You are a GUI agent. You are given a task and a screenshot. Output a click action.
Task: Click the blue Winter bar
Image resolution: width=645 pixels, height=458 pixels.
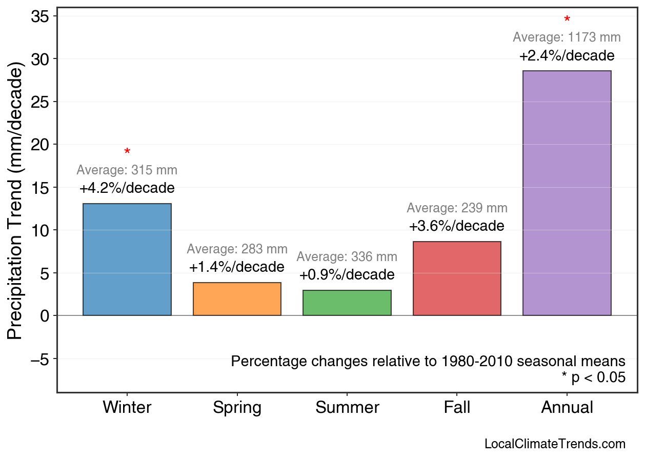click(127, 260)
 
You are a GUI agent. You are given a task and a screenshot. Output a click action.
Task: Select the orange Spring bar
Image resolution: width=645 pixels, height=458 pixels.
click(237, 299)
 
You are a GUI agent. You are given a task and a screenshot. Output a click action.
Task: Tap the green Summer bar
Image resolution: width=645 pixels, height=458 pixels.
click(347, 303)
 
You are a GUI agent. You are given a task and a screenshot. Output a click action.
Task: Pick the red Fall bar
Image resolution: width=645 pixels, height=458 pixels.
click(457, 278)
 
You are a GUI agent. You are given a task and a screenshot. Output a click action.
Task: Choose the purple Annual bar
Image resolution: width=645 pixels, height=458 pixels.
click(567, 193)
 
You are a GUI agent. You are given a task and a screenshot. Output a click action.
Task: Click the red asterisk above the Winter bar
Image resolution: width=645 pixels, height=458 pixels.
click(127, 152)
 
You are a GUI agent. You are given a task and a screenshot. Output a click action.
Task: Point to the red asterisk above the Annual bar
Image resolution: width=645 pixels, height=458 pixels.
click(567, 20)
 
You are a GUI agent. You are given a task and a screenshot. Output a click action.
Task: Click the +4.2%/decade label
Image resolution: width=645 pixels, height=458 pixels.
click(127, 188)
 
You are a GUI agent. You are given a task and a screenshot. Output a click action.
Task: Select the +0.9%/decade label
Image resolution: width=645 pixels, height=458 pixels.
click(347, 275)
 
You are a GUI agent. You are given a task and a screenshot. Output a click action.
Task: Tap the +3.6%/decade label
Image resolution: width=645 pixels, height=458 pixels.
click(457, 226)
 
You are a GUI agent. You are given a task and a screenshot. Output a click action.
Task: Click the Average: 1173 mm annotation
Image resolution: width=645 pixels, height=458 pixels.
click(567, 37)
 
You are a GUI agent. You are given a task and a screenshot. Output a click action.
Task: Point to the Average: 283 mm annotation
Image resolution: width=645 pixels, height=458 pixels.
click(237, 249)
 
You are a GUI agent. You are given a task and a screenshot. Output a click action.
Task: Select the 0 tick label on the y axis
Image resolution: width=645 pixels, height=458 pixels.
click(44, 315)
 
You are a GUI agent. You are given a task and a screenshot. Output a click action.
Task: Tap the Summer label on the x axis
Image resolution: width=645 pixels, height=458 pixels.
click(347, 408)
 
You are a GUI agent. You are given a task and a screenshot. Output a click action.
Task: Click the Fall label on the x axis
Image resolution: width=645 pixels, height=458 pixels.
click(457, 408)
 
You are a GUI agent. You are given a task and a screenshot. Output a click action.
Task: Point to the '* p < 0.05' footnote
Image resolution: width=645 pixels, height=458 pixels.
click(593, 378)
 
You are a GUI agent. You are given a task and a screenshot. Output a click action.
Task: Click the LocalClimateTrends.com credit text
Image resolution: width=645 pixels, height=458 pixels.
click(555, 444)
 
